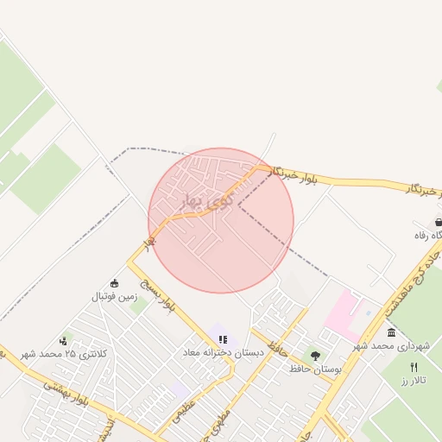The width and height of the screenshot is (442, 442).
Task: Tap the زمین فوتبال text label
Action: (115, 296)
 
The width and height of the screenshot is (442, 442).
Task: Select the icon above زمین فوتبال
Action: (115, 283)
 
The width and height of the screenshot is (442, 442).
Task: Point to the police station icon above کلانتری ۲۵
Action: (62, 341)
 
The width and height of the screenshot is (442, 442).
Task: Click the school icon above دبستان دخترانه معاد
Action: (224, 340)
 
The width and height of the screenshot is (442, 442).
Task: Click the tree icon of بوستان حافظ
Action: (315, 355)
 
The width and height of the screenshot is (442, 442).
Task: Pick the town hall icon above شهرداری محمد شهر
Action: (391, 332)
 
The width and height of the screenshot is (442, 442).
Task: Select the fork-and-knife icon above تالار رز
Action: (414, 367)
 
